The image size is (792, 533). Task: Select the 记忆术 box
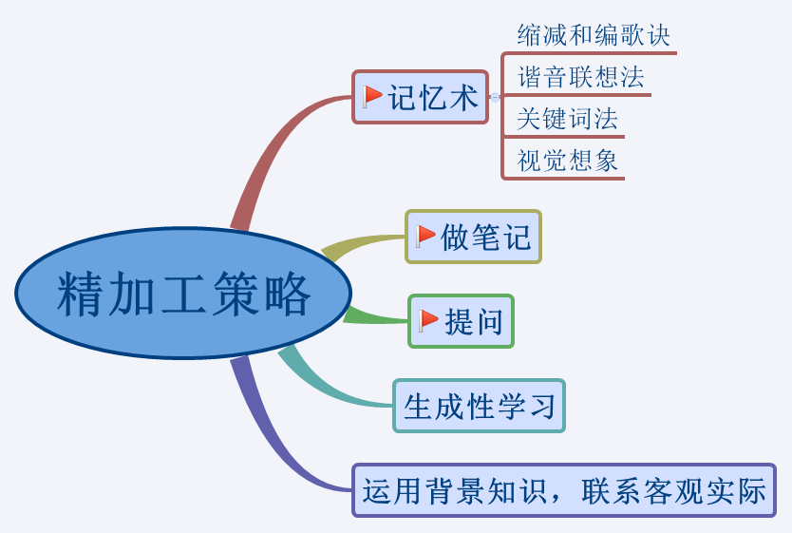[421, 97]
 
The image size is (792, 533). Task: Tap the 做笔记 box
[474, 237]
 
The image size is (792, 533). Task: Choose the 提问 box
[462, 321]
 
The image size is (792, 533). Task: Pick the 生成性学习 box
[479, 407]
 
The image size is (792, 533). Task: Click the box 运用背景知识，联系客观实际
[564, 490]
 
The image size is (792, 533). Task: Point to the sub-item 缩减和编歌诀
[594, 36]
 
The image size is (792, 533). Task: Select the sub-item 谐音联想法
[580, 77]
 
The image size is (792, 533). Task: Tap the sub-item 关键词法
[567, 119]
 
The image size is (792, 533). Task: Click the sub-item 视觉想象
[567, 161]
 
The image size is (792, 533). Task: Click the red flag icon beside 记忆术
[372, 96]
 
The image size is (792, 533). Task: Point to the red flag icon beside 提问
[429, 320]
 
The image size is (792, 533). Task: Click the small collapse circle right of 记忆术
[495, 97]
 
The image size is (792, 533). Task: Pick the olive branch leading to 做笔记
[356, 244]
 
